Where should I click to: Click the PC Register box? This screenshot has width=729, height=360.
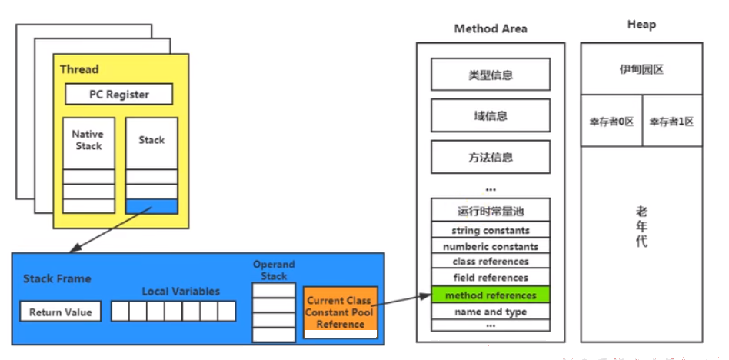pos(119,94)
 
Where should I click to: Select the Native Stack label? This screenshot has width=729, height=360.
pos(88,139)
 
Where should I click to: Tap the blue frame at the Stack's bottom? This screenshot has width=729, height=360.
pos(151,206)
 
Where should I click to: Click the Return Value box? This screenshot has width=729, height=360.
pos(61,312)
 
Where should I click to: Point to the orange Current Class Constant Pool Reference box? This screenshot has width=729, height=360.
pos(340,312)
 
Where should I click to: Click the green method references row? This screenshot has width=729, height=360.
pos(491,295)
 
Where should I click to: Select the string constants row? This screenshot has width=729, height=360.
pos(491,230)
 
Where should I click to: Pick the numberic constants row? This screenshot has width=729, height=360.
pos(491,246)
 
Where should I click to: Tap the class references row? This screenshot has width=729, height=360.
pos(491,262)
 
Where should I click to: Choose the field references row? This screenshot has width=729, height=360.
pos(491,278)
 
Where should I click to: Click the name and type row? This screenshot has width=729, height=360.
pos(491,312)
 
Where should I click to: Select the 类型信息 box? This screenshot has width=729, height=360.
pos(491,75)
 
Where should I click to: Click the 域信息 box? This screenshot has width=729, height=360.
pos(491,115)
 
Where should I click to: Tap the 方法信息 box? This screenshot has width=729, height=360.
pos(491,157)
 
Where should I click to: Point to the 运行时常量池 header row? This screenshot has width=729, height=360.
pos(491,210)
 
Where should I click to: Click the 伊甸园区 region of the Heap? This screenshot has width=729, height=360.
pos(641,68)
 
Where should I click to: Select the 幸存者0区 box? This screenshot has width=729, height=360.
pos(612,121)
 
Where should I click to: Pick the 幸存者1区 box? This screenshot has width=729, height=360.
pos(672,121)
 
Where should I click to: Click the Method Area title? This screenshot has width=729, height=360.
pos(491,28)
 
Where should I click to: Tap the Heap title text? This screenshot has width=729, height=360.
pos(641,25)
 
